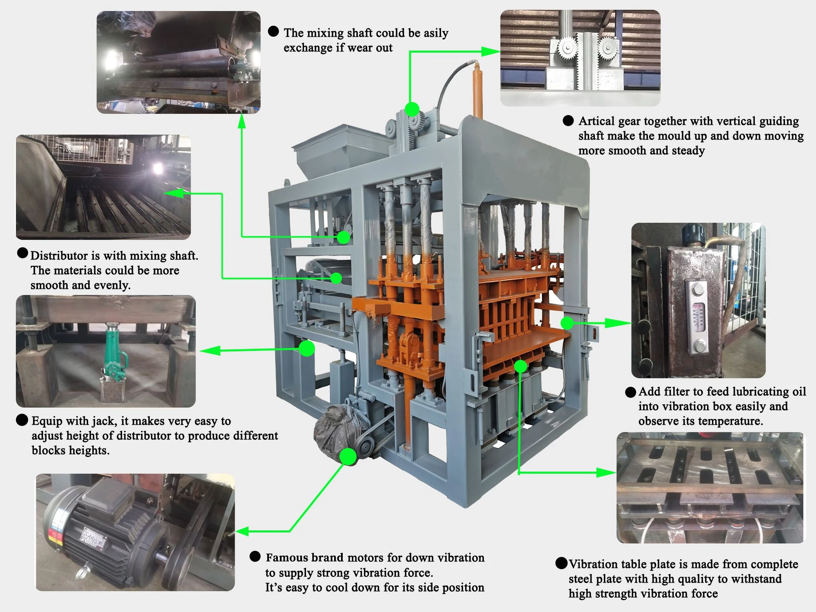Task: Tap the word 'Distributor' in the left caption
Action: [x=59, y=256]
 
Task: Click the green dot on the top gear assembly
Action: [x=412, y=109]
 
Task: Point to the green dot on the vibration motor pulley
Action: [x=348, y=457]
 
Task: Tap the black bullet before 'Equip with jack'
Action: [x=22, y=420]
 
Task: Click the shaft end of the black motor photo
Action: [x=161, y=557]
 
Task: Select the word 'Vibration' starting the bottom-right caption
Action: [x=594, y=564]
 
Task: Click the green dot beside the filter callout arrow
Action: [x=567, y=323]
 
